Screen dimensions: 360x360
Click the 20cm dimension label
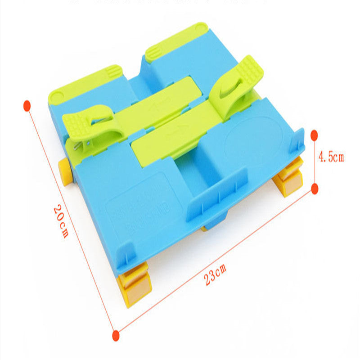click(60, 221)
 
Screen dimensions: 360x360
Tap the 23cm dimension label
click(215, 275)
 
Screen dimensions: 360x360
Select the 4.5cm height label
click(331, 157)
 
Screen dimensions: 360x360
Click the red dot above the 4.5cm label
click(314, 135)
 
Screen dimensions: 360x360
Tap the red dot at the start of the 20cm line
click(27, 106)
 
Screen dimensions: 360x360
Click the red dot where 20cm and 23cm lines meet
click(116, 334)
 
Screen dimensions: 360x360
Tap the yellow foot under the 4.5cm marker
click(288, 178)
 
